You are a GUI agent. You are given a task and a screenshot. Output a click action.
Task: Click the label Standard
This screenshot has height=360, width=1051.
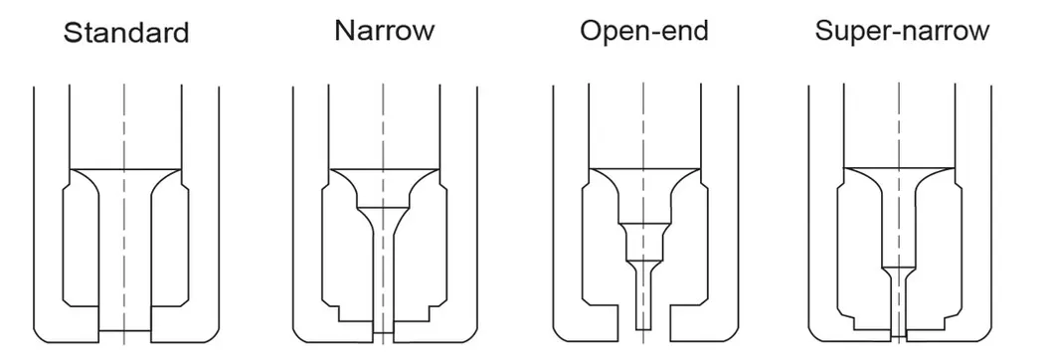[125, 33]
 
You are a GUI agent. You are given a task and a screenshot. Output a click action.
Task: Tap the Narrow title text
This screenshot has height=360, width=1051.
[384, 30]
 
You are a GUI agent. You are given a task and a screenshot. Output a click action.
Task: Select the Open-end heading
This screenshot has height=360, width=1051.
[644, 31]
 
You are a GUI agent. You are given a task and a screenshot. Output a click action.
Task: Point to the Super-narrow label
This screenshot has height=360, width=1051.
[902, 30]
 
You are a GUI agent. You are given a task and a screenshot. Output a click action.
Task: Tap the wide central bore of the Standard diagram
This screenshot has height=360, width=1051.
[125, 249]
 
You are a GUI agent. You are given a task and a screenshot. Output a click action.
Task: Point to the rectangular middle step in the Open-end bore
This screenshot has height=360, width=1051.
[642, 241]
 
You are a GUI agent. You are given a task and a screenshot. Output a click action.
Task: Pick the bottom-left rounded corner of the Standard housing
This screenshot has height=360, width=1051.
[42, 333]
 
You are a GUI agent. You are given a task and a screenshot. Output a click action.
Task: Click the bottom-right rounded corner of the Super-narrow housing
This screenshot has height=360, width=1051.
[984, 333]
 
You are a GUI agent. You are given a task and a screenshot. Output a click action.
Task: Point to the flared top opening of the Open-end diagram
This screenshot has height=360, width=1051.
[642, 184]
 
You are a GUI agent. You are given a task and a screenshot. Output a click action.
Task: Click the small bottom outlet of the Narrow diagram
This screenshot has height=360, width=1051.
[383, 325]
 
